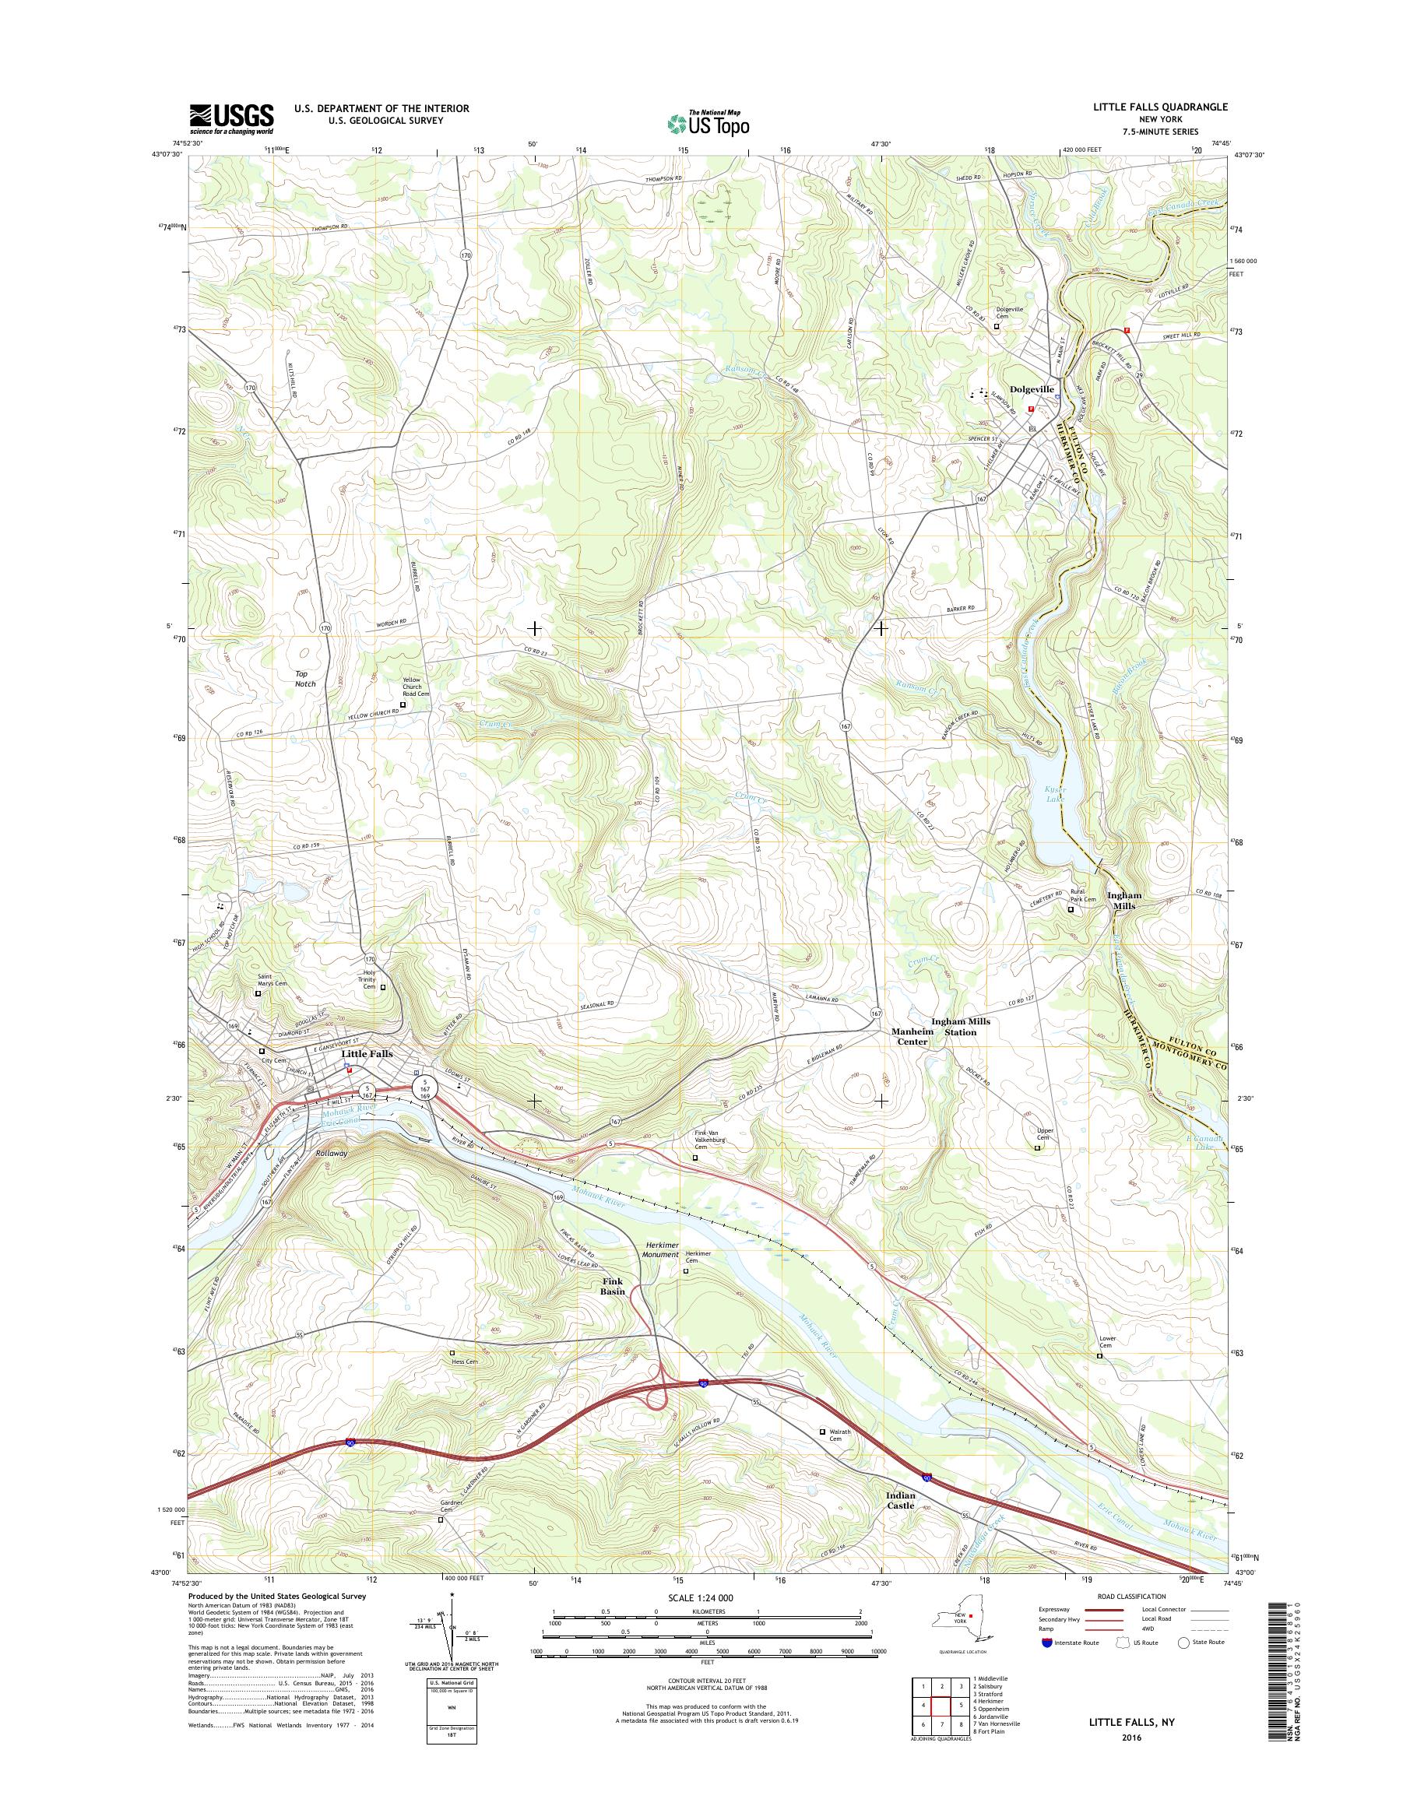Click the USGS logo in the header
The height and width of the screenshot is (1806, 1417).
(231, 118)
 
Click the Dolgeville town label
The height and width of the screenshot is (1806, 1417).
(1032, 389)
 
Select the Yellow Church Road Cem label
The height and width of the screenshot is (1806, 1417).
(412, 689)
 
